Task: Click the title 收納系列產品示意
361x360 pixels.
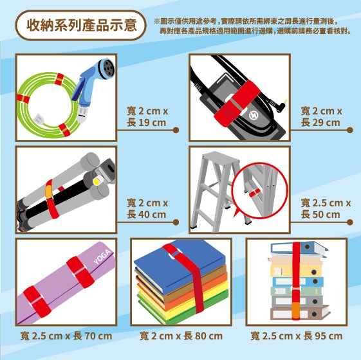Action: point(82,25)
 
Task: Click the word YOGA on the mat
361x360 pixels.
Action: point(102,256)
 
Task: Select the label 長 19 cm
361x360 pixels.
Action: point(147,122)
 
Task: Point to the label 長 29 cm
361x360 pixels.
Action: point(320,122)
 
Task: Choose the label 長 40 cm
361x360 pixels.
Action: point(147,214)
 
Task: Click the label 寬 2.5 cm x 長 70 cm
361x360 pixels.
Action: point(66,336)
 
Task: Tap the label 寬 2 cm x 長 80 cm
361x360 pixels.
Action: point(181,336)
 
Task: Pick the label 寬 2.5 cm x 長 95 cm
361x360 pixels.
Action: point(297,336)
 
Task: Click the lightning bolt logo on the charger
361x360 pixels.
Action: point(254,116)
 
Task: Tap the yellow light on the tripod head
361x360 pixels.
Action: point(97,182)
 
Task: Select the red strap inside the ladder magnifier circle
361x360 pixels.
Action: point(254,193)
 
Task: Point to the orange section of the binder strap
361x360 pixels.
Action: point(296,310)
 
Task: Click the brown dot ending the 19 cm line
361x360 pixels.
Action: point(176,130)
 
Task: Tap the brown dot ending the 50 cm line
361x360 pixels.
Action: point(350,222)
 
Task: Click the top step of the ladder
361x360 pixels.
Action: point(218,157)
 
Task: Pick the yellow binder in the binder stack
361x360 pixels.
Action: point(296,271)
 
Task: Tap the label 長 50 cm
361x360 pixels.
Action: point(320,214)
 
